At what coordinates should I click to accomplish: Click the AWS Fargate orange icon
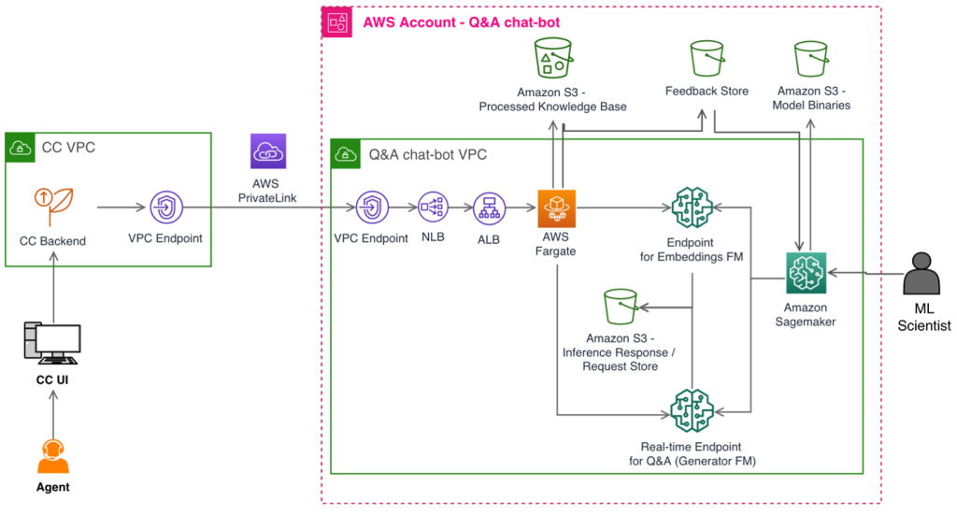coord(556,208)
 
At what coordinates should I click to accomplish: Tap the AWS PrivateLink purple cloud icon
coord(268,151)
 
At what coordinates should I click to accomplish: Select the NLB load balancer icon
coord(433,207)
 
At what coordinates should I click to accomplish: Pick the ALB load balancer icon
coord(489,208)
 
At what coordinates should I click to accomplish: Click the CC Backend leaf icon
coord(53,207)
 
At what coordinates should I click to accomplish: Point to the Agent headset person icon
coord(53,456)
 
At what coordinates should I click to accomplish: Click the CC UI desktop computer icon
coord(52,343)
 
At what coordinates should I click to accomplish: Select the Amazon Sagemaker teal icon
coord(806,273)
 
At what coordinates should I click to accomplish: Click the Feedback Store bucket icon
coord(707,59)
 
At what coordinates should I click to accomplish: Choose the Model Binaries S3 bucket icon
coord(811,59)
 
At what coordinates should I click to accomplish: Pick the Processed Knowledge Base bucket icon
coord(553,59)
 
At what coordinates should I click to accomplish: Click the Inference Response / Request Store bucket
coord(621,307)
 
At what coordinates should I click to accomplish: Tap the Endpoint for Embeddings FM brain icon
coord(693,208)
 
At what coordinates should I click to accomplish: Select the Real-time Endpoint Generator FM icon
coord(693,410)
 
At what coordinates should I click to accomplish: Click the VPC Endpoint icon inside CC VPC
coord(166,207)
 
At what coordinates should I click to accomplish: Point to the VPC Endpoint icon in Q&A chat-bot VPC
coord(372,207)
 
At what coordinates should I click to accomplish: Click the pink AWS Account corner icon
coord(336,22)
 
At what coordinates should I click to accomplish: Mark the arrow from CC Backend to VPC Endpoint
coord(121,207)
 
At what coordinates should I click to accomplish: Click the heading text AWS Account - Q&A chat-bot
coord(462,22)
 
